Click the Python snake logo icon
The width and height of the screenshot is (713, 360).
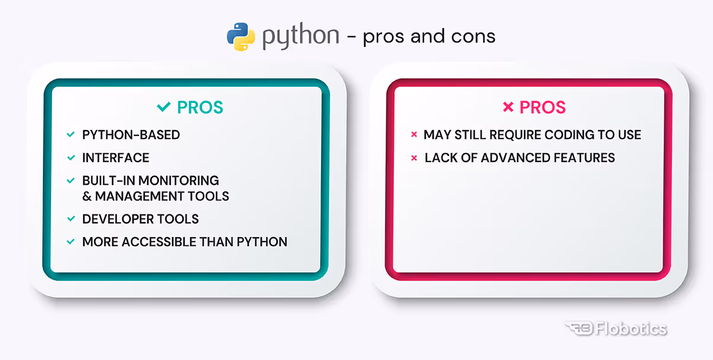(241, 36)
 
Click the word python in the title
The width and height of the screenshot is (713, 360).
(301, 36)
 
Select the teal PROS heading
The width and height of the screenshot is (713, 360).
(200, 108)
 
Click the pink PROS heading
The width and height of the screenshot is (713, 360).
(542, 108)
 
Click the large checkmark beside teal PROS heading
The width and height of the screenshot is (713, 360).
(163, 108)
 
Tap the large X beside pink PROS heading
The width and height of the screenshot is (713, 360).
(508, 108)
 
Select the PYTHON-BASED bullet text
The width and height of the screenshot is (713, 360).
(131, 135)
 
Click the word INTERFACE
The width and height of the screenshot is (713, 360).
(116, 158)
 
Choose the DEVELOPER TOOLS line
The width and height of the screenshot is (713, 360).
(140, 219)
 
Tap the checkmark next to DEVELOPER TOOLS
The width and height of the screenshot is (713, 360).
(71, 219)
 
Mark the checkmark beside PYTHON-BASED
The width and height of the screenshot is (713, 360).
(71, 135)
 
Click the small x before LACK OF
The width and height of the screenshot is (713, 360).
(414, 158)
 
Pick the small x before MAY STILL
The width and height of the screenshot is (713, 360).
(414, 135)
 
